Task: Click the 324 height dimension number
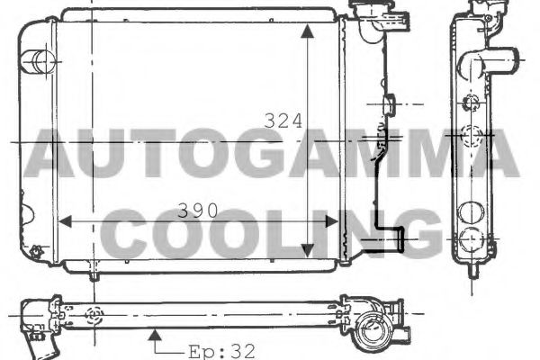pyautogui.click(x=282, y=121)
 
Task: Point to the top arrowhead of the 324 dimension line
pyautogui.click(x=308, y=31)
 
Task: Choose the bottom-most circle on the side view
pyautogui.click(x=471, y=241)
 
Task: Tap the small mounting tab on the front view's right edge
pyautogui.click(x=389, y=106)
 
